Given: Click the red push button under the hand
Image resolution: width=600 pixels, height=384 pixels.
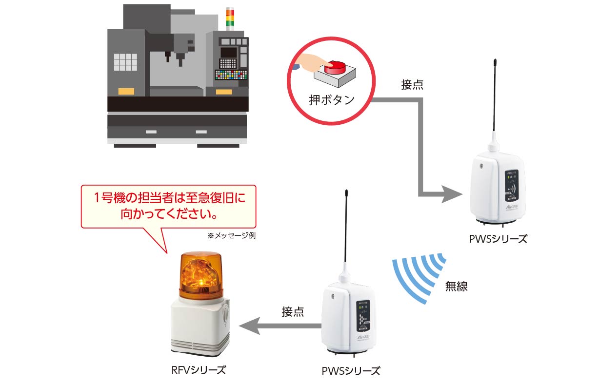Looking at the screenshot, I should [335, 66].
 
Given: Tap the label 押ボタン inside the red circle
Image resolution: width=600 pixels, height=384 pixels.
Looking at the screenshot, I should [332, 100].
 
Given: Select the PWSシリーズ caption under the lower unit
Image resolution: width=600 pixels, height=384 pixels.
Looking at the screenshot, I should [351, 371].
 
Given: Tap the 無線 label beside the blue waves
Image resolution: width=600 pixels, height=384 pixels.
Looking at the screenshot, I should [456, 287].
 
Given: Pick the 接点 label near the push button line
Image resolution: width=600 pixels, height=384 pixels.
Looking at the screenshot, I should [412, 85].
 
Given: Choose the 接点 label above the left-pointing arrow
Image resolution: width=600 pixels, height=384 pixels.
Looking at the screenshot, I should [293, 312].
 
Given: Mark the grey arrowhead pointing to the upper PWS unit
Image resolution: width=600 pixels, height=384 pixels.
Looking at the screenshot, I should [453, 195].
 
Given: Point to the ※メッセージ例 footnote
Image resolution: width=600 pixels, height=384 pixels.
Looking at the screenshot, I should [232, 235].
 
